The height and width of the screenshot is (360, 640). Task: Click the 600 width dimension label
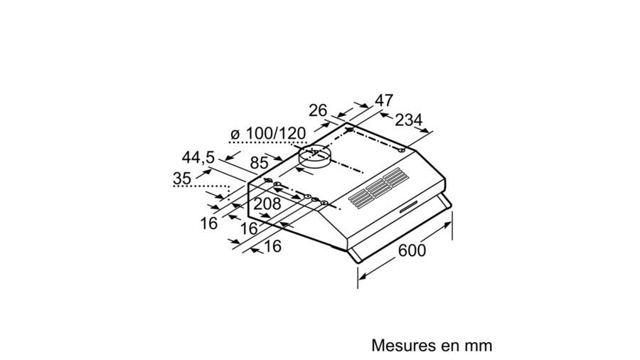(412, 250)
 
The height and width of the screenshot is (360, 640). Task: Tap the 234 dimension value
(409, 120)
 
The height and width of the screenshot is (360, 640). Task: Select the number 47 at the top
(384, 100)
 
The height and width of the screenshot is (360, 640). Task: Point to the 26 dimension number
(318, 110)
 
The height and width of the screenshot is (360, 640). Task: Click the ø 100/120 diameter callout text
(268, 134)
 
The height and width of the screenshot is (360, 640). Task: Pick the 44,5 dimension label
(198, 157)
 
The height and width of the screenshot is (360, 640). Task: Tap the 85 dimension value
(259, 163)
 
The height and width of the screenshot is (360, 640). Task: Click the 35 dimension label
(182, 179)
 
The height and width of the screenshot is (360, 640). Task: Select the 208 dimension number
(267, 203)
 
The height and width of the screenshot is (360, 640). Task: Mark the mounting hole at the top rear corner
(349, 130)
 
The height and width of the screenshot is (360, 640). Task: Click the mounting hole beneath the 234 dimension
(402, 151)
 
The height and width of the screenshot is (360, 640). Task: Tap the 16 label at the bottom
(272, 246)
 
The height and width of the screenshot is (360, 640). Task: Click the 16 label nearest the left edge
(208, 223)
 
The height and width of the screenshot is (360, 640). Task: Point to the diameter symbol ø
(235, 134)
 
